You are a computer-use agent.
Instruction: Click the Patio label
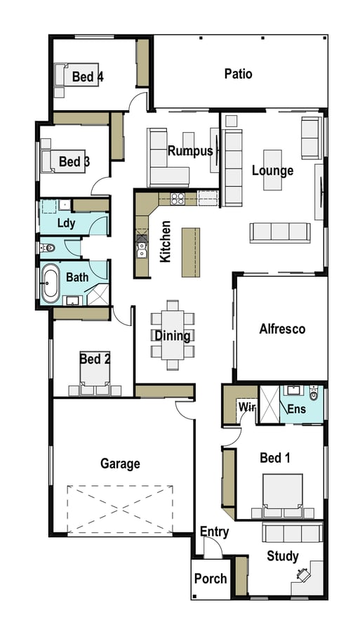click(x=239, y=74)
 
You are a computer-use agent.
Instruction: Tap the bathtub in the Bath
click(x=51, y=283)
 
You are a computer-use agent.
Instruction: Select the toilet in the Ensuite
click(x=314, y=393)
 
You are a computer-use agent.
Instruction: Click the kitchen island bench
click(x=191, y=252)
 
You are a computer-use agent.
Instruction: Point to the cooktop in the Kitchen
click(x=178, y=198)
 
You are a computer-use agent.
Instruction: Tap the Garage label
click(x=120, y=463)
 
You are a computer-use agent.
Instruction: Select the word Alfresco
click(x=282, y=329)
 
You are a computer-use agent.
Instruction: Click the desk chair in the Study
click(x=303, y=574)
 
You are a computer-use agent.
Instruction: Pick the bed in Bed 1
click(x=283, y=496)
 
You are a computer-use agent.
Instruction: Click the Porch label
click(x=211, y=579)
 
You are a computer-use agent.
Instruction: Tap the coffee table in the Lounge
click(x=272, y=170)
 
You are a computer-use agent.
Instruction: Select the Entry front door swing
click(x=213, y=548)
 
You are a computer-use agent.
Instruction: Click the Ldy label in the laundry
click(x=67, y=223)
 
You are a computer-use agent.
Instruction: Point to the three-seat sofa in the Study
click(x=293, y=532)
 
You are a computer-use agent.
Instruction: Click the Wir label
click(x=247, y=407)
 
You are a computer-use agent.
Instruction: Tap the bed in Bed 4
click(x=76, y=74)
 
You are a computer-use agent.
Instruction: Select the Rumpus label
click(x=190, y=151)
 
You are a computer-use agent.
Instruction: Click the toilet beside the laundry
click(x=48, y=248)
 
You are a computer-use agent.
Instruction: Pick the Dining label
click(x=173, y=336)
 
